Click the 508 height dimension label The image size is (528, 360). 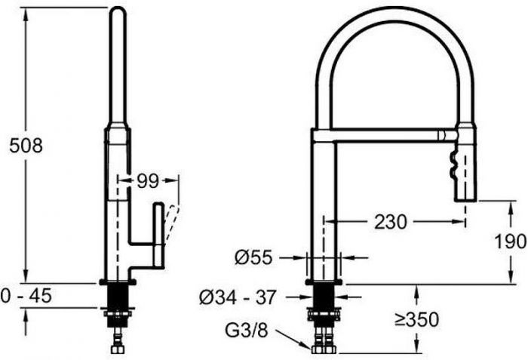pos(26,146)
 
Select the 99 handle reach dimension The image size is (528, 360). pos(148,181)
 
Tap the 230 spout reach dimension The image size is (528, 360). pos(391,222)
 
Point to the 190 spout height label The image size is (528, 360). pos(510,241)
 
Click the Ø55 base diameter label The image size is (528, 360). pos(253,258)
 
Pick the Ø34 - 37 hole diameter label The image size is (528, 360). pos(238,297)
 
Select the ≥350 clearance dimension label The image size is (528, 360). pos(417,319)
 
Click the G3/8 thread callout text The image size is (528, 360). pos(247,331)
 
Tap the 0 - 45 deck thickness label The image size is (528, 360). pos(26,296)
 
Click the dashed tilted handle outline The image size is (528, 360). pos(172,223)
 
